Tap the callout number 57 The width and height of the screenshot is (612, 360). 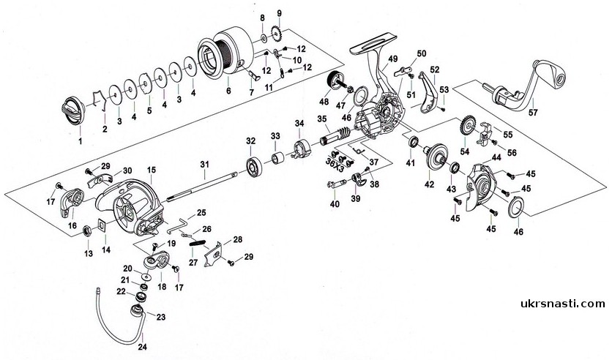pyautogui.click(x=532, y=112)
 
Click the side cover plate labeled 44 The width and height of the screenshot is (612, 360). pyautogui.click(x=480, y=184)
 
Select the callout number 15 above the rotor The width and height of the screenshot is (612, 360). pyautogui.click(x=152, y=169)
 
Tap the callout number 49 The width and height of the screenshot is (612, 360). pyautogui.click(x=393, y=59)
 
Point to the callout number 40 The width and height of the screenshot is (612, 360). pyautogui.click(x=335, y=203)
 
